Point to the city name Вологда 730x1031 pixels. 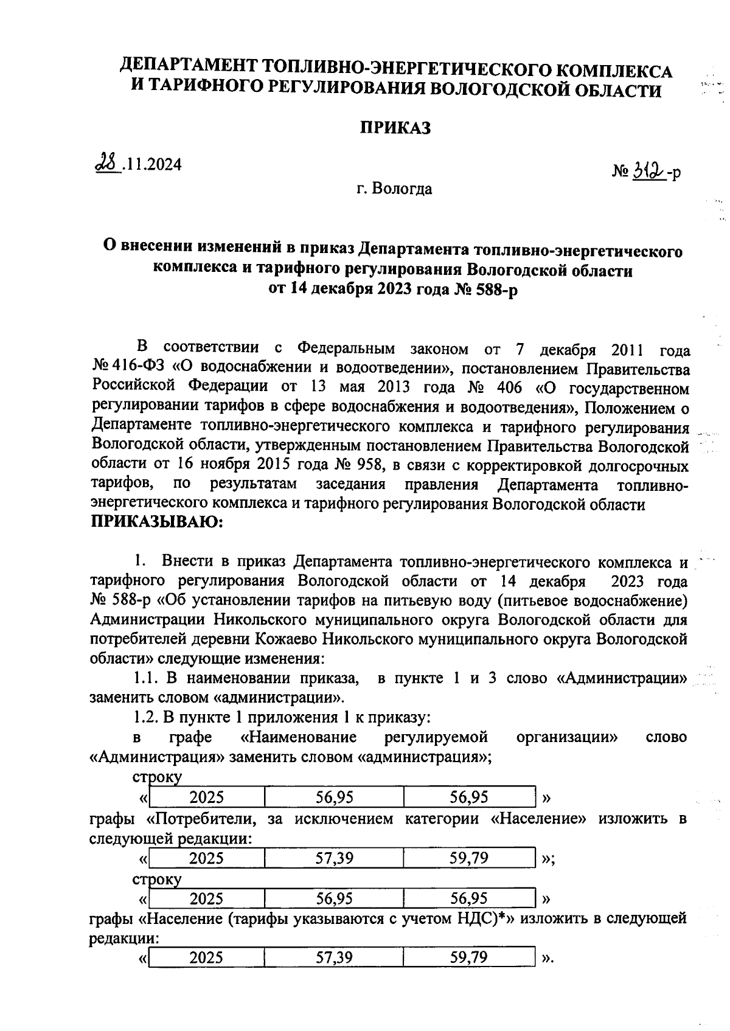point(402,189)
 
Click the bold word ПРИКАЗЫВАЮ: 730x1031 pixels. point(157,522)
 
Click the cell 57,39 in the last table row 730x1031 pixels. point(334,958)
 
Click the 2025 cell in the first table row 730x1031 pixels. point(206,797)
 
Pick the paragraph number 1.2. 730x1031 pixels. point(145,718)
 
